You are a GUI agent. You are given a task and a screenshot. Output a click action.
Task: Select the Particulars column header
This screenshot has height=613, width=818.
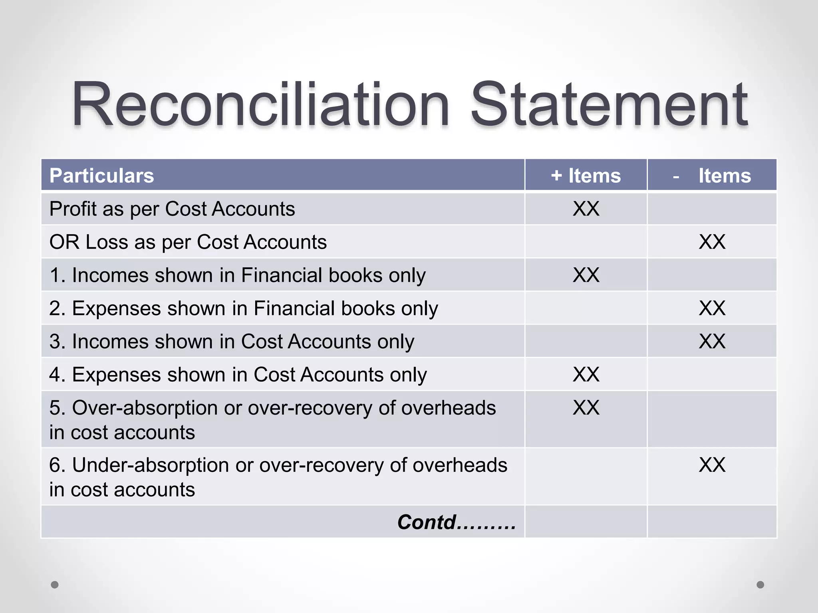101,176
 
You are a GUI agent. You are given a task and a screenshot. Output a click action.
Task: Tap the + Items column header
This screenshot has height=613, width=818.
586,176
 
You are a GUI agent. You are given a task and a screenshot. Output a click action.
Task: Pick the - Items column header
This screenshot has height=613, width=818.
712,176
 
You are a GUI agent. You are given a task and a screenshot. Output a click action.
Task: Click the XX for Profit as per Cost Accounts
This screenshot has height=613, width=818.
586,209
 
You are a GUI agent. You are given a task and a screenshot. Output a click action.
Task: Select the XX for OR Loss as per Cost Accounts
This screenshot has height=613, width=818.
712,242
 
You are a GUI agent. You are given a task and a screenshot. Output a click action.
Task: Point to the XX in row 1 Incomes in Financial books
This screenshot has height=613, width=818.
586,275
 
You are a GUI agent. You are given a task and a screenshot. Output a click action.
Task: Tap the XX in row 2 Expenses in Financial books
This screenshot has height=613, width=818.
712,308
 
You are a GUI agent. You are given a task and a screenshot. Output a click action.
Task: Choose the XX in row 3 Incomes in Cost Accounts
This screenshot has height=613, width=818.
712,341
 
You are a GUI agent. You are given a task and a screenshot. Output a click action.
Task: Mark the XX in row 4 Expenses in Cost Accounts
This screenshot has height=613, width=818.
586,374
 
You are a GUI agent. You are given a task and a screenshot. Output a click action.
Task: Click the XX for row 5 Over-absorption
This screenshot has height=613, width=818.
586,407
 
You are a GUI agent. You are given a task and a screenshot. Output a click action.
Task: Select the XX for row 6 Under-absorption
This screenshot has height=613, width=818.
712,465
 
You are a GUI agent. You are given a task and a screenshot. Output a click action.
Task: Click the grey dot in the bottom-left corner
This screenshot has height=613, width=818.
55,585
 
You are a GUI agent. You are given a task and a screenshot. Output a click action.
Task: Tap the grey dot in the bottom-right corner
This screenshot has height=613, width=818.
760,585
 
